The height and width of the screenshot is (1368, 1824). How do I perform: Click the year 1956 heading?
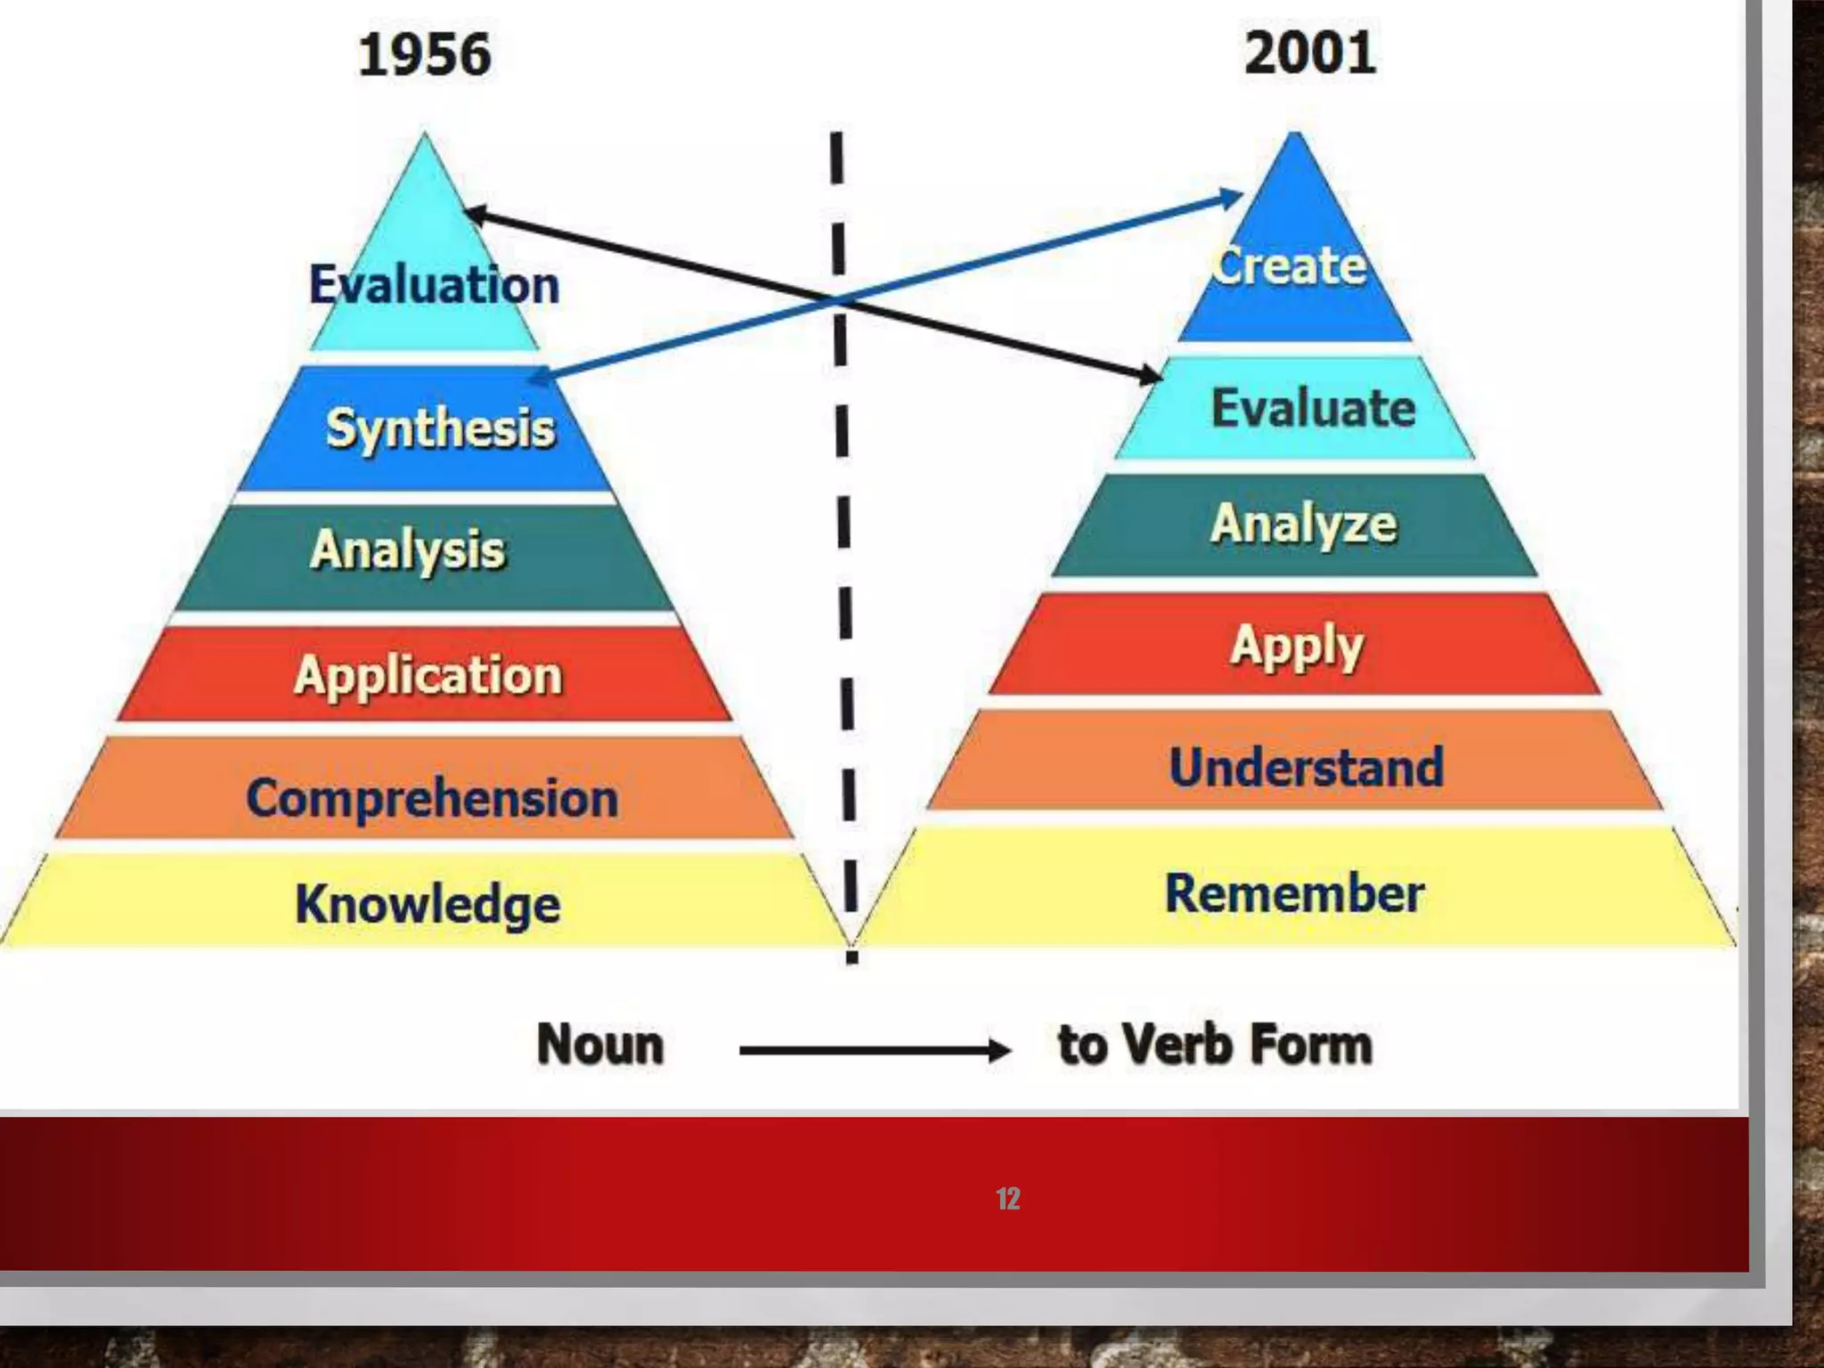tap(424, 55)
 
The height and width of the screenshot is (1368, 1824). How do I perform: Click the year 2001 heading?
tap(1309, 53)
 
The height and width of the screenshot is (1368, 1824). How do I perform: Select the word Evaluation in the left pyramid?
tap(434, 285)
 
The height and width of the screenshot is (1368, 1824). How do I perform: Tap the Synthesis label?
tap(440, 428)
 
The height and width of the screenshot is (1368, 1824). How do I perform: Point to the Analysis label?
tap(408, 549)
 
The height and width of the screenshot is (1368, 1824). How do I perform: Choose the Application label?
tap(428, 675)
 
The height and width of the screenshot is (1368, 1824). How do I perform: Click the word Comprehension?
tap(432, 797)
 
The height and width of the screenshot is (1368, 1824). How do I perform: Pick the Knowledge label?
tap(427, 904)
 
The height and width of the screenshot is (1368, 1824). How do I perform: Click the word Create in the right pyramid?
tap(1289, 265)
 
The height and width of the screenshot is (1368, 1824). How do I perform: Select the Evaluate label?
tap(1313, 408)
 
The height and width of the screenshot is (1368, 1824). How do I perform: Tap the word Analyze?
tap(1303, 524)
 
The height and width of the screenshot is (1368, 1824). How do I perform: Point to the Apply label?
tap(1297, 646)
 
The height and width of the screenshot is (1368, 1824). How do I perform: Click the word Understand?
tap(1306, 767)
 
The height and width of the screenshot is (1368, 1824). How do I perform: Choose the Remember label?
tap(1294, 893)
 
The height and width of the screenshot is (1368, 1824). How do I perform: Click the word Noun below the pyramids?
tap(600, 1044)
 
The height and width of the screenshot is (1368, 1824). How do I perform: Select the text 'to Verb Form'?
tap(1215, 1044)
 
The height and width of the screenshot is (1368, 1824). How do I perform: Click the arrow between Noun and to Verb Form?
tap(874, 1051)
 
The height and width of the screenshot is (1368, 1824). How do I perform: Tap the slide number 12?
tap(1007, 1199)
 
